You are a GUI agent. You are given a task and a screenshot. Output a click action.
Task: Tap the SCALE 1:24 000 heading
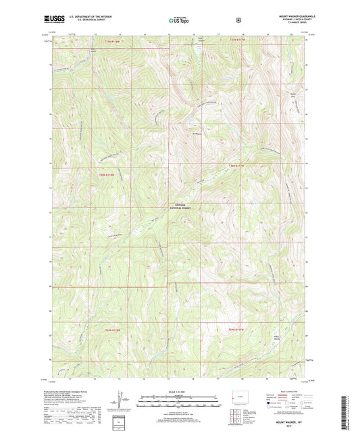[x=179, y=392]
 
